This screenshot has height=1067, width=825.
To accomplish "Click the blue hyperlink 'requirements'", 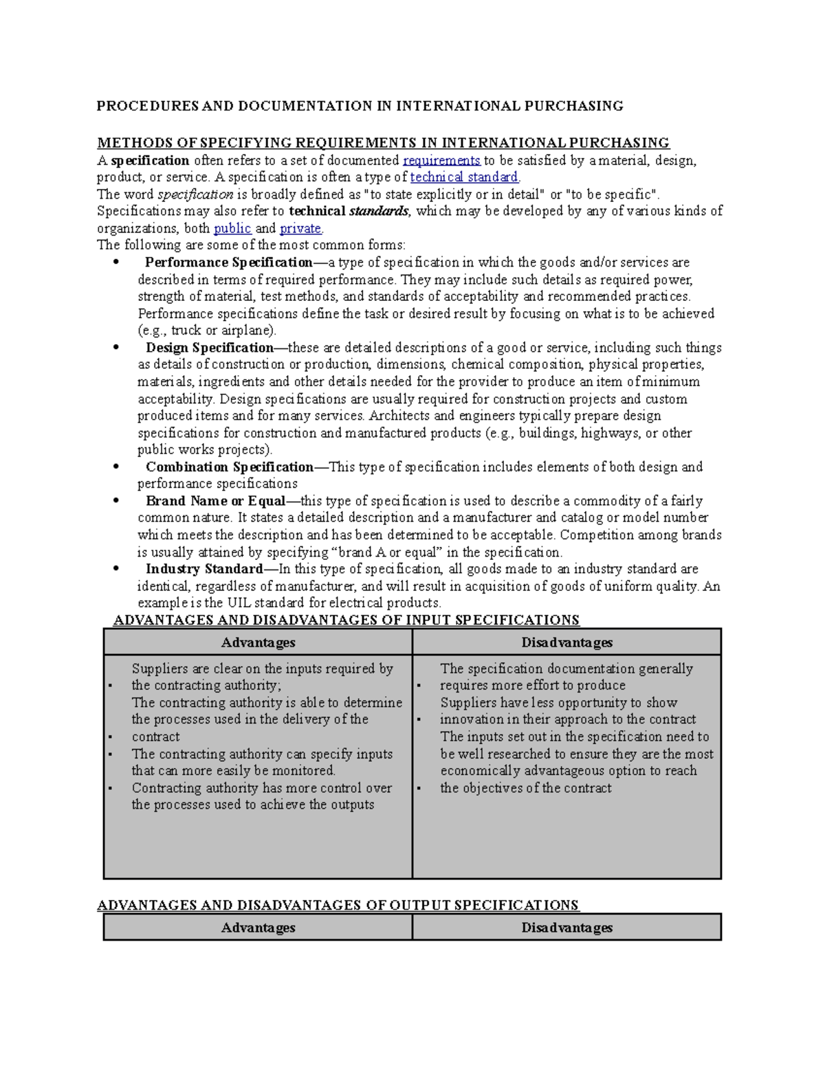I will [x=441, y=160].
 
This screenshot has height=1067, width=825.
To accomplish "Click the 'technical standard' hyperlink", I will [x=464, y=177].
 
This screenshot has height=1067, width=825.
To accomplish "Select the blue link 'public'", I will [x=232, y=228].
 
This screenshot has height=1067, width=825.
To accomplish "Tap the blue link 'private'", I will [x=300, y=228].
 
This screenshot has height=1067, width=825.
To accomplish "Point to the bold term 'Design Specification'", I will [x=210, y=348].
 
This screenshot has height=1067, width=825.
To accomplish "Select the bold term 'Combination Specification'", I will [x=230, y=467].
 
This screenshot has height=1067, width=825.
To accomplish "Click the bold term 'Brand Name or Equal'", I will [x=215, y=501].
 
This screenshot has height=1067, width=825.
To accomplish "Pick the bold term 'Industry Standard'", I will [x=204, y=569].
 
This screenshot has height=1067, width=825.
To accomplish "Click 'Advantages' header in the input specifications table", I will [x=258, y=642].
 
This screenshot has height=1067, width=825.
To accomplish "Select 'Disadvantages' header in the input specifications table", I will [x=566, y=642].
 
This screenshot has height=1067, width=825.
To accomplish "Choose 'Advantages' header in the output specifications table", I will [x=258, y=928].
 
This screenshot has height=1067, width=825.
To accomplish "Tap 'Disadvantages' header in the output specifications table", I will [x=566, y=928].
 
